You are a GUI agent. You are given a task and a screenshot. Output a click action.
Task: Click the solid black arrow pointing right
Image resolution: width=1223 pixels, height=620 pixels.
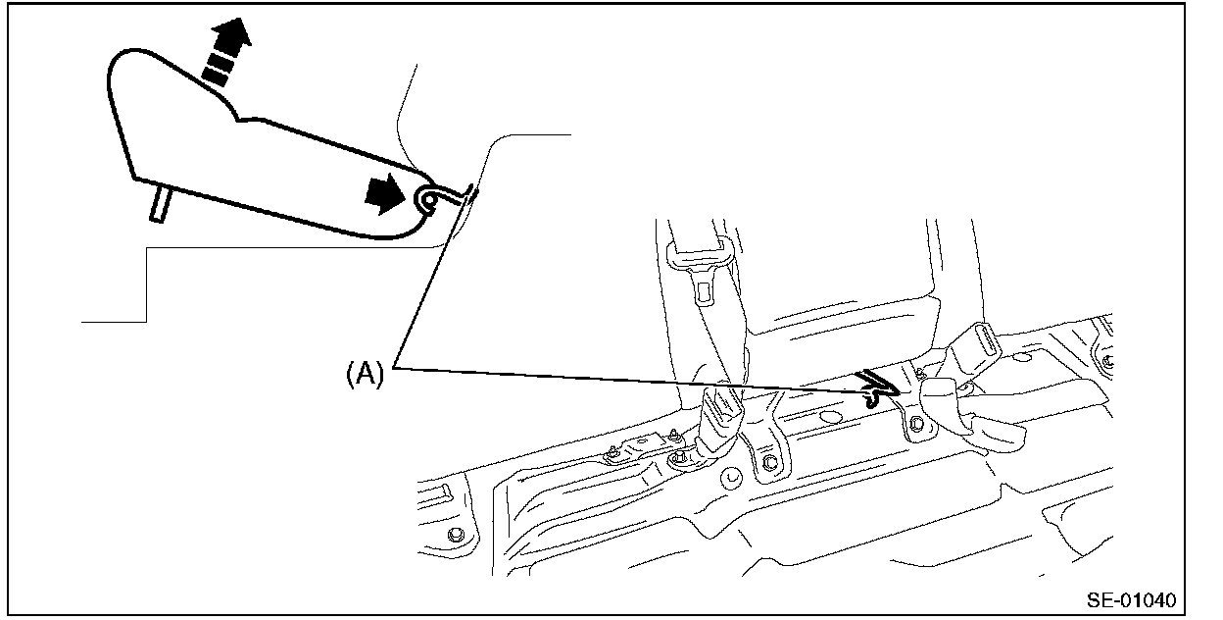tap(383, 196)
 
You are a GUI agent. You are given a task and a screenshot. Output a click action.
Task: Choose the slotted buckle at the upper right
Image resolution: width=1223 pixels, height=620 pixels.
tap(971, 348)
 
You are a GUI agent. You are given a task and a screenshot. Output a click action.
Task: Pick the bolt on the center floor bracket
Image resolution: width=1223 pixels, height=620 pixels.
tap(767, 463)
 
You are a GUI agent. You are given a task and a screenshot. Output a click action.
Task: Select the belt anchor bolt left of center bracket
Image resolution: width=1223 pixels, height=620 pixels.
tap(676, 461)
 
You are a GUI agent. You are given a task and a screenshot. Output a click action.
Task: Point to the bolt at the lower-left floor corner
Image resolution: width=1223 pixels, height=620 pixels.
tap(457, 535)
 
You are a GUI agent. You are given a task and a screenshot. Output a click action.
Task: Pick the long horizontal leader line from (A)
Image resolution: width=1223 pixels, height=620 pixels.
tap(627, 381)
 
